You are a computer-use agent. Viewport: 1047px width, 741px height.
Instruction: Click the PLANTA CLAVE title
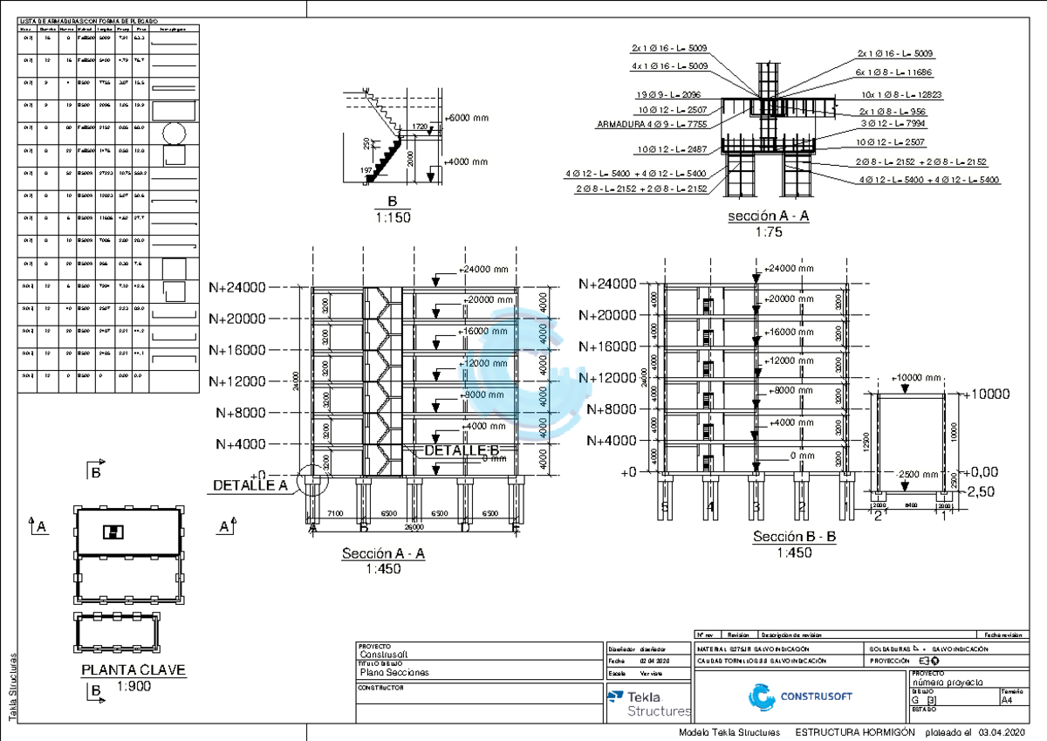133,670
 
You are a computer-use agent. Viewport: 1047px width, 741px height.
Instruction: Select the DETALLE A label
250,485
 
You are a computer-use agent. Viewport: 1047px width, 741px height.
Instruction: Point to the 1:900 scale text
134,688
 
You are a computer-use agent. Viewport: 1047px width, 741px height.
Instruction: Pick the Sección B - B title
794,537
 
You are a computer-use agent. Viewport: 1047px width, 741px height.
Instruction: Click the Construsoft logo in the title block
801,696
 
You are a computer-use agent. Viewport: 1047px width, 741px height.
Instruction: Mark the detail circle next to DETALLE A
311,479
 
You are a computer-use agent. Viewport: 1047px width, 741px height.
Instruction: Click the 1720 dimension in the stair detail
420,127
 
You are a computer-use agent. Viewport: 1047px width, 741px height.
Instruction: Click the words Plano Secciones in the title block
394,673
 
